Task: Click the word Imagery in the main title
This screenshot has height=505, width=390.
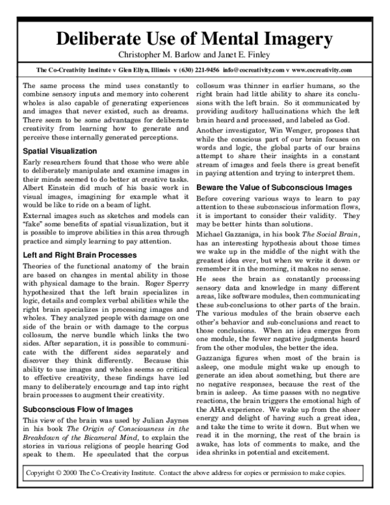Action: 292,38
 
